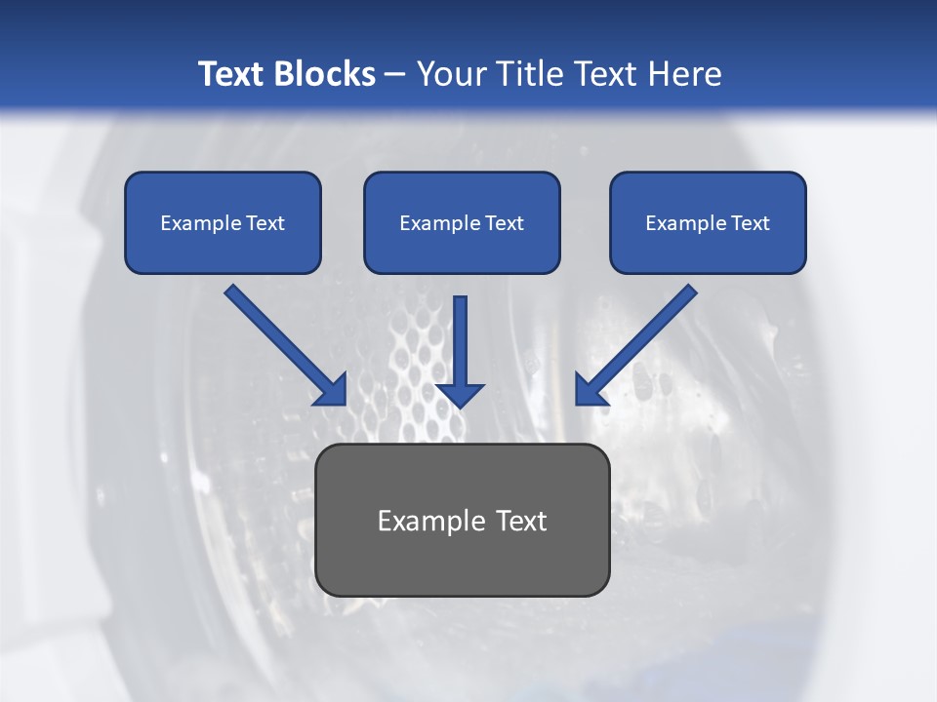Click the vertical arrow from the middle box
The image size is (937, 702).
tap(460, 346)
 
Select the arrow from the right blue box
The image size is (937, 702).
tap(639, 341)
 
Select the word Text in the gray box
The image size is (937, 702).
tap(520, 521)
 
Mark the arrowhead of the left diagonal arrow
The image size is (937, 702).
tap(333, 390)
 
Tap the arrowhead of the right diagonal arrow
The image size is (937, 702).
tap(590, 389)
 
